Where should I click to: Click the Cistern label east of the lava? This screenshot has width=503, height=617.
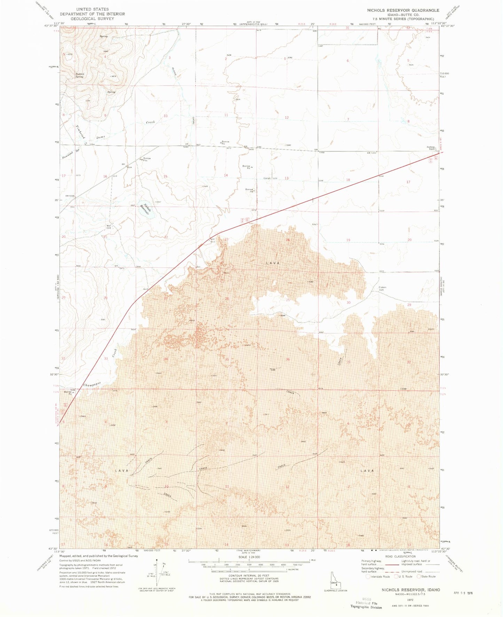[382, 289]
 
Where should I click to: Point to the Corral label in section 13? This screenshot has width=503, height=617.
[267, 178]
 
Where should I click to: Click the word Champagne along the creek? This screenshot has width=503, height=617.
[92, 384]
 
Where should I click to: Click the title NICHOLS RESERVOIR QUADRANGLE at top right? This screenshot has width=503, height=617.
[403, 10]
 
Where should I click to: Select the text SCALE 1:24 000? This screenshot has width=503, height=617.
[249, 557]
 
